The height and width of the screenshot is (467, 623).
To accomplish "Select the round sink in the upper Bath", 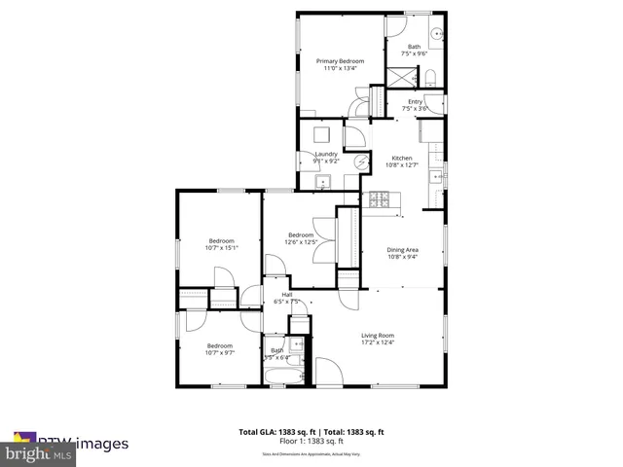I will [x=437, y=34].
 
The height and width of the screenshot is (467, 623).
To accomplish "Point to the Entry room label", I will [x=416, y=101].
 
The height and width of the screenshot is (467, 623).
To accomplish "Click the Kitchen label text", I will [x=402, y=159].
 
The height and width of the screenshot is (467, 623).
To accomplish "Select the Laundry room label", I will [x=326, y=154].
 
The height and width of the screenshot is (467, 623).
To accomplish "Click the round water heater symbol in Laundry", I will [x=360, y=162].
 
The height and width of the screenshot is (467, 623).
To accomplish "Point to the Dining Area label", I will [x=403, y=250].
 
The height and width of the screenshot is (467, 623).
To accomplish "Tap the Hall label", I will [x=287, y=295].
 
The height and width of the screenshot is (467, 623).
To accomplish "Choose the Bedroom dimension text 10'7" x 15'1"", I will [x=221, y=248].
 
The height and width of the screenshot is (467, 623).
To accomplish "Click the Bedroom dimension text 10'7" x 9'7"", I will [x=219, y=352].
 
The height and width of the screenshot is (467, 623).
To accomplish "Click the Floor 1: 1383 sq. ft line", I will [x=311, y=440].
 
